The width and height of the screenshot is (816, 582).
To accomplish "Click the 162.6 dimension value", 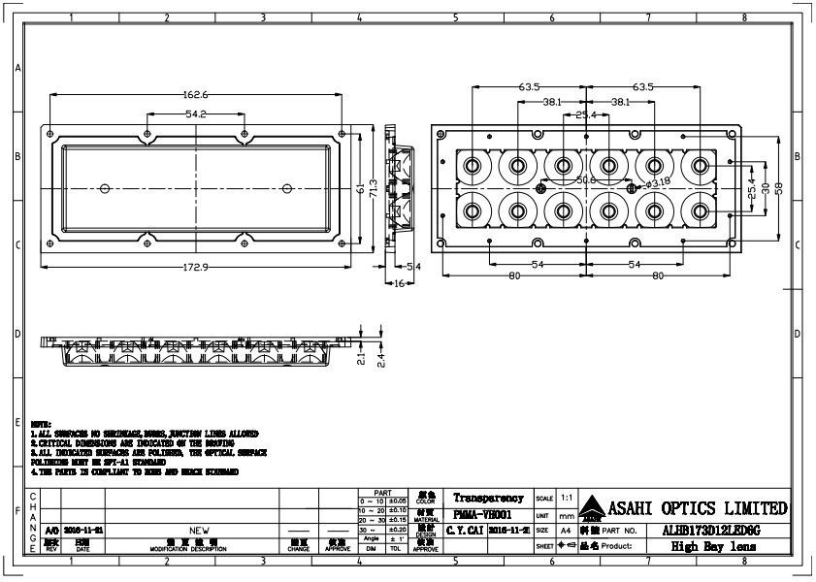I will point(195,95).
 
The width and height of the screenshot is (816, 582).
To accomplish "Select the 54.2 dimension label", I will point(195,114).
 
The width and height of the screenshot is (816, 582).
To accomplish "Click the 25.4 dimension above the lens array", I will point(586,115).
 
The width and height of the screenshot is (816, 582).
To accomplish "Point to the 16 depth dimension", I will point(399,282).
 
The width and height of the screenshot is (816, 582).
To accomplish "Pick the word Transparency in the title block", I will point(488,498).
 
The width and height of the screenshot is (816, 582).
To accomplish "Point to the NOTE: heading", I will point(42,425).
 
